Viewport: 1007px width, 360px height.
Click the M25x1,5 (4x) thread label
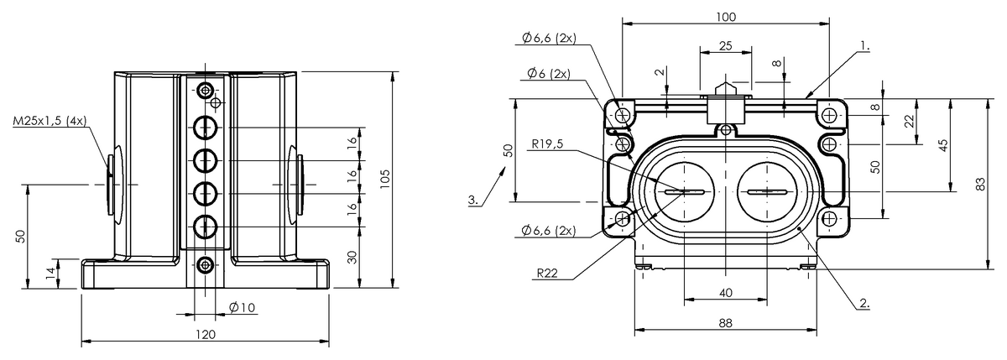(x=49, y=121)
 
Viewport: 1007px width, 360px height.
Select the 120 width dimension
(x=206, y=334)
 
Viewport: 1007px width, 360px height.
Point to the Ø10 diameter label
(x=241, y=307)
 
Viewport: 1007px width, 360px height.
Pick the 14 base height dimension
(x=50, y=272)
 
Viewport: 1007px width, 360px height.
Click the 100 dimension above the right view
(x=727, y=17)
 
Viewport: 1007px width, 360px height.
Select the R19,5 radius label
(x=547, y=143)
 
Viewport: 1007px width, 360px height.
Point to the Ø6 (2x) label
(x=549, y=73)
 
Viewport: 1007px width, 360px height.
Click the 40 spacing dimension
(x=726, y=292)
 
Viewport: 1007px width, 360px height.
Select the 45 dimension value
(x=943, y=144)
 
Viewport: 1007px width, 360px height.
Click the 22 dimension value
(x=910, y=121)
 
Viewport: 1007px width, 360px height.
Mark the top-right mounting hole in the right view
(x=830, y=114)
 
